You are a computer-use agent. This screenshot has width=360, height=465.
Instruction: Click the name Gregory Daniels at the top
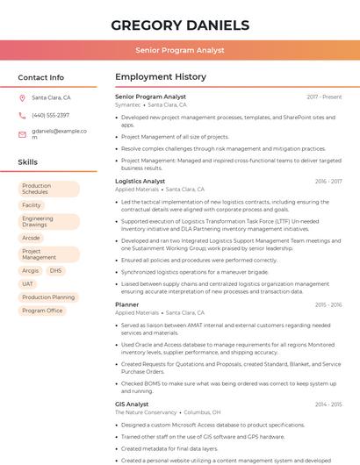(x=179, y=25)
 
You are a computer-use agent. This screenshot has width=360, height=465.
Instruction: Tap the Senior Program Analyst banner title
(x=179, y=51)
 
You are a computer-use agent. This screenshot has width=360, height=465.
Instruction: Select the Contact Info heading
(x=41, y=77)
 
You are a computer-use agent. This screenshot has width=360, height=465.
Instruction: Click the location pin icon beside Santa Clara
(x=22, y=98)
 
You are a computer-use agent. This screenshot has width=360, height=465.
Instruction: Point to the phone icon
(x=22, y=116)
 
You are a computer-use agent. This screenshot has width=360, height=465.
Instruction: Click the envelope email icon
(x=22, y=134)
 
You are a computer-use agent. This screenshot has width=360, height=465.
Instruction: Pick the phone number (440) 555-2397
(x=50, y=116)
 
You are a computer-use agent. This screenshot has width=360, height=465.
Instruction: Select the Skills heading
(x=28, y=162)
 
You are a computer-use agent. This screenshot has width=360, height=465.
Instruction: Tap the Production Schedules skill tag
(x=48, y=189)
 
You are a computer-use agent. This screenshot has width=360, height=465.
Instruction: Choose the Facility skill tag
(x=32, y=205)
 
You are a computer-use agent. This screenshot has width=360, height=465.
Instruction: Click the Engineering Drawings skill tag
(x=48, y=221)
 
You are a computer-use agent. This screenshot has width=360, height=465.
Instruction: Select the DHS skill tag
(x=55, y=271)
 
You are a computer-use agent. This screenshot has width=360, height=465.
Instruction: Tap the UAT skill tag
(x=28, y=284)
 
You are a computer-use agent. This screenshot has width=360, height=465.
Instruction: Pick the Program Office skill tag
(x=42, y=311)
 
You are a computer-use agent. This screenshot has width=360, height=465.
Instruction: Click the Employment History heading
(x=161, y=77)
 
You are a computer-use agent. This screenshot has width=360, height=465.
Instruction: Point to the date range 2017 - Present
(x=324, y=97)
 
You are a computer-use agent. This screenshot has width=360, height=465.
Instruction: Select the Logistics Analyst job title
(x=140, y=182)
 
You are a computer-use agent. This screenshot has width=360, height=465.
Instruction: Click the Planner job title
(x=126, y=304)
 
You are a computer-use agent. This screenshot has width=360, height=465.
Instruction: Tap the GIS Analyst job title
(x=132, y=404)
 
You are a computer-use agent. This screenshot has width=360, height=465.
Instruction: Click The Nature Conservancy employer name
(x=146, y=412)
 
